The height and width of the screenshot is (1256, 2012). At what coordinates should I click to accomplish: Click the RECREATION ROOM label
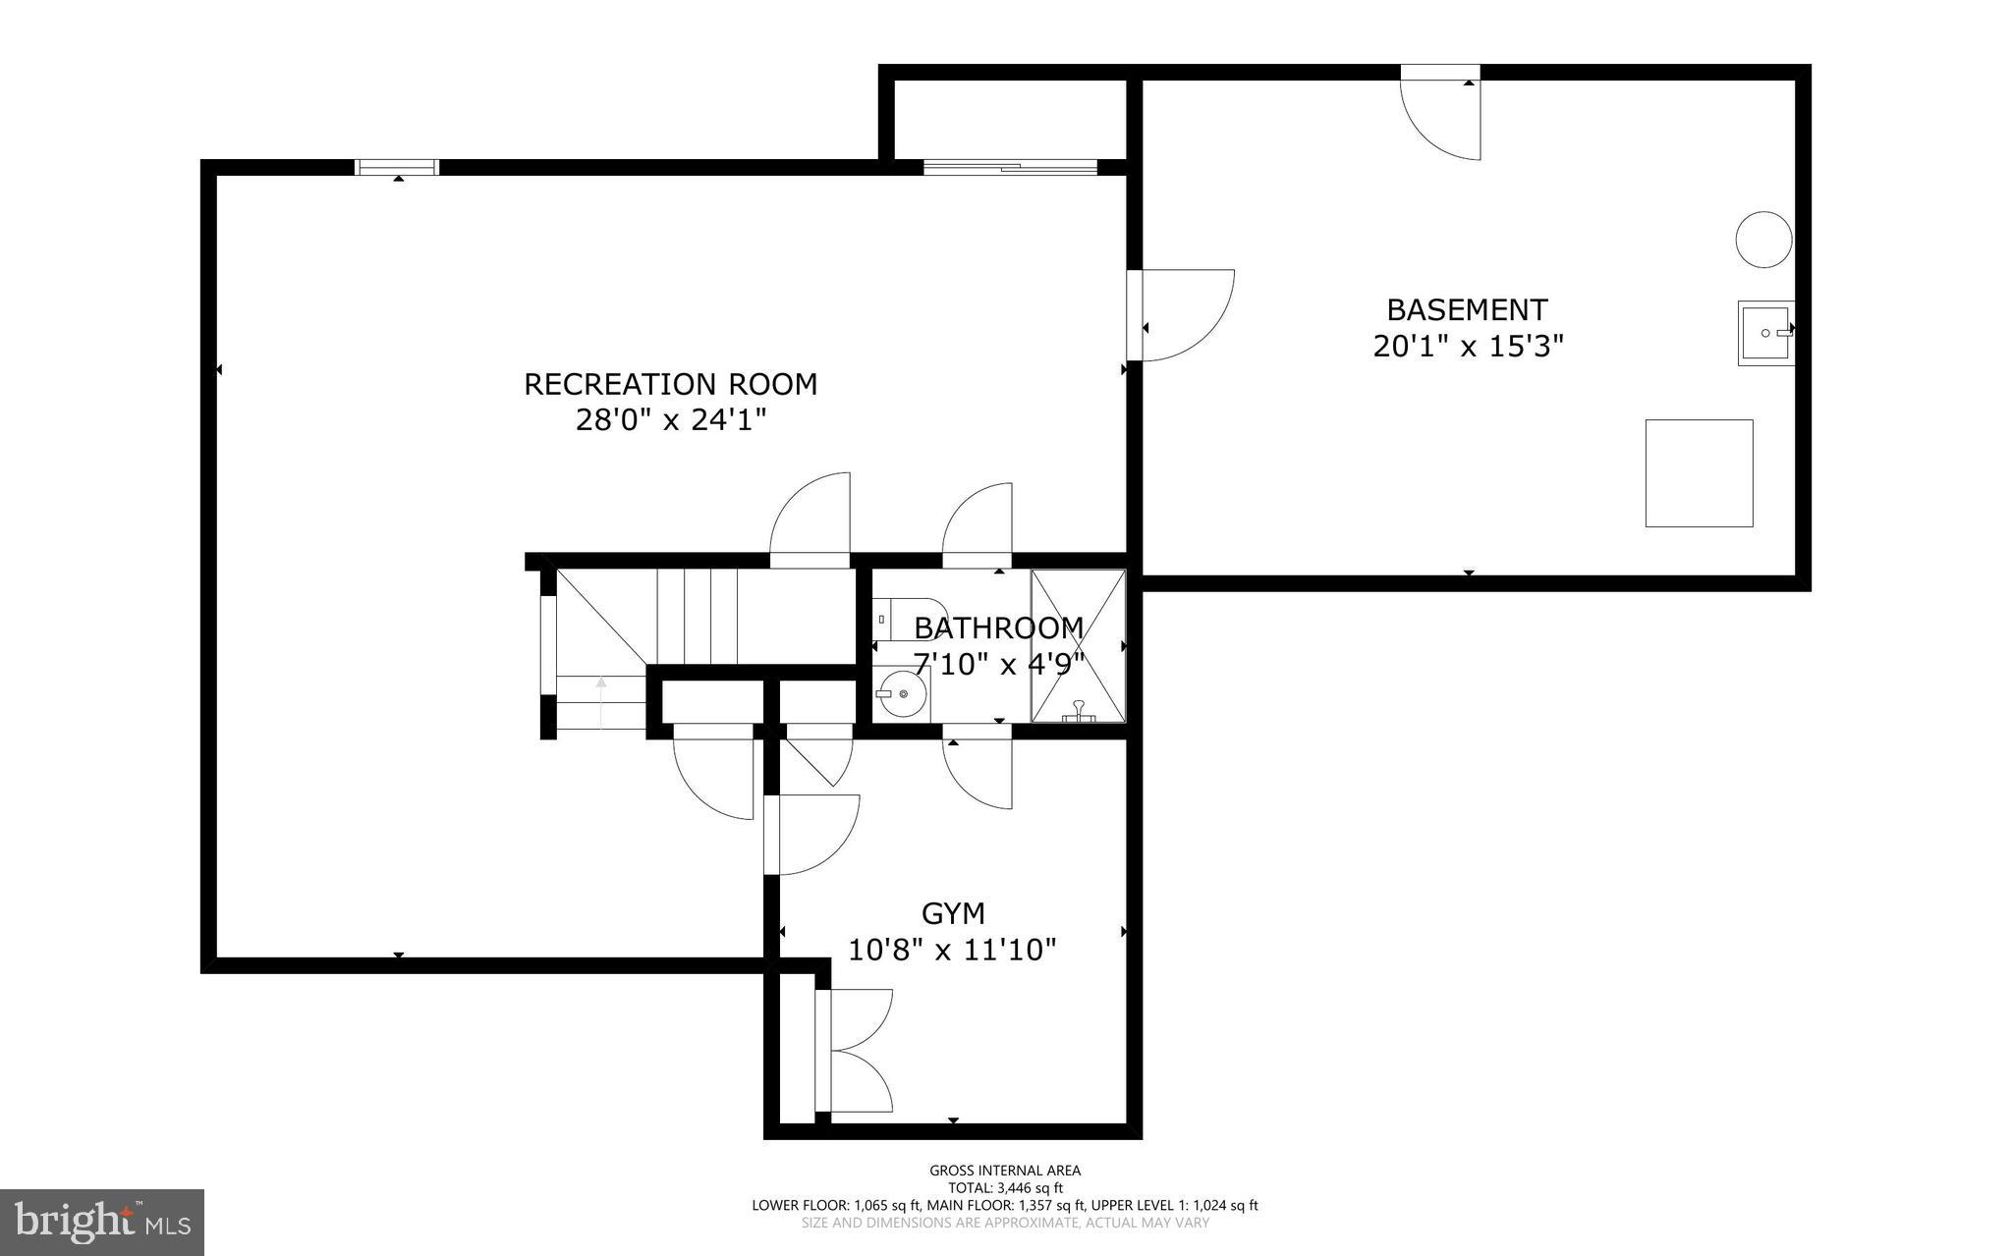click(670, 384)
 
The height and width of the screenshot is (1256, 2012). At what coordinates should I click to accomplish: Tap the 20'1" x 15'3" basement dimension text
click(1467, 347)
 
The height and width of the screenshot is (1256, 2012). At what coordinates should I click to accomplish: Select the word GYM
click(953, 914)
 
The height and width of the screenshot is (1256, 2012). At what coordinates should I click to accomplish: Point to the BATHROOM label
click(998, 628)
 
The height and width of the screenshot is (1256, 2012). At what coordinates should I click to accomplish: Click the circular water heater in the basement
click(1763, 240)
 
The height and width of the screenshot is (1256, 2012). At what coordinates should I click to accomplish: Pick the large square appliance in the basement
click(1699, 473)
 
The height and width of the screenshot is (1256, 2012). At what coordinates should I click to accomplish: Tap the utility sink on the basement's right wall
click(1765, 334)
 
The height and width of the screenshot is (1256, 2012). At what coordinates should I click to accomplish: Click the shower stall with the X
click(1078, 645)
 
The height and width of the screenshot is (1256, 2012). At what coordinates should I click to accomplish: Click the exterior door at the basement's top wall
click(1440, 113)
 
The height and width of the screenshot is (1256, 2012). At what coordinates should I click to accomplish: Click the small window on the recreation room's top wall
click(397, 167)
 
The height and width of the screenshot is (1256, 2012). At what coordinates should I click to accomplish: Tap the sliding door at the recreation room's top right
click(1010, 167)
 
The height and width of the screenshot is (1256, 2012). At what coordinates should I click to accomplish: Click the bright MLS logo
click(102, 1222)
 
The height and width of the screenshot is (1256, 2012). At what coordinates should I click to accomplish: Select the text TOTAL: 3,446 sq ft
click(1005, 1187)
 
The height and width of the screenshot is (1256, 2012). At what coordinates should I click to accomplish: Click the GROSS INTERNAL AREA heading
click(1005, 1170)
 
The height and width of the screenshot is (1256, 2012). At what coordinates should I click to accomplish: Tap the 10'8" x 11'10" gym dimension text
click(952, 951)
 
